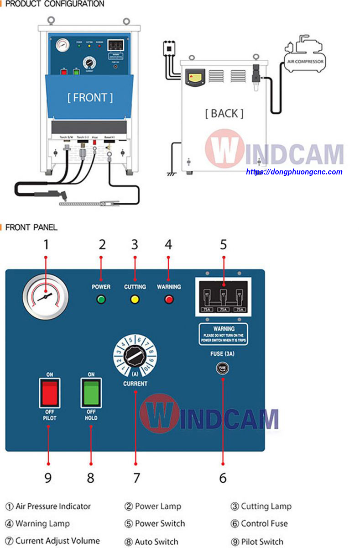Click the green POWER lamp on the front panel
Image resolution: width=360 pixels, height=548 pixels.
pos(101,300)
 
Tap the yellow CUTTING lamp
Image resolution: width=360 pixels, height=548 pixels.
pos(135,300)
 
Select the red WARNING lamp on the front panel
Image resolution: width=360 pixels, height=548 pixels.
pos(169,300)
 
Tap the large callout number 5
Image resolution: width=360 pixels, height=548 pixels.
pos(224,245)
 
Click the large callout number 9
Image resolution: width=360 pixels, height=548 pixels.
pos(48,478)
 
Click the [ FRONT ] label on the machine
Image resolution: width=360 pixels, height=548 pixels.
pos(90,97)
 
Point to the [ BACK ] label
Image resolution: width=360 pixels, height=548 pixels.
pos(224,113)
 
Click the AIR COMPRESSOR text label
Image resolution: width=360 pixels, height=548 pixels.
pos(305,61)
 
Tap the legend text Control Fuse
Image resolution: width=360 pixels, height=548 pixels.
pos(264,523)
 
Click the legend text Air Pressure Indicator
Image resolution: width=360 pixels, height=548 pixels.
pos(53,506)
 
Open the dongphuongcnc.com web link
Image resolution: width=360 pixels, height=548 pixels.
pos(294,172)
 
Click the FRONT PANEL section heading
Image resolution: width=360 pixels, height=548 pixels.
pos(31,227)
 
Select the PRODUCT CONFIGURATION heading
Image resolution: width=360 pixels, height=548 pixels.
pos(54,4)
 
